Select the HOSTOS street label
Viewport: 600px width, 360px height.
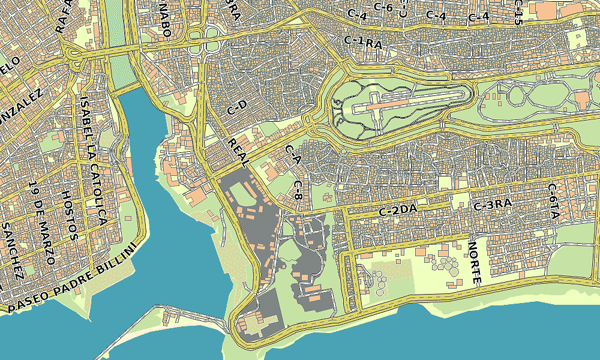69,215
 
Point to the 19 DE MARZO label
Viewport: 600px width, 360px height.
41,223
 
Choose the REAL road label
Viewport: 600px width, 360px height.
239,152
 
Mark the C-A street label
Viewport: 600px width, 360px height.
292,155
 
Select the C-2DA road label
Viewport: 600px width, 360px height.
398,210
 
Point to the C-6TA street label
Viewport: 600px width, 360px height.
553,203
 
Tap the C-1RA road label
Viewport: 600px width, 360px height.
363,42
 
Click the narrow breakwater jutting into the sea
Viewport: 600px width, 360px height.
180,315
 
